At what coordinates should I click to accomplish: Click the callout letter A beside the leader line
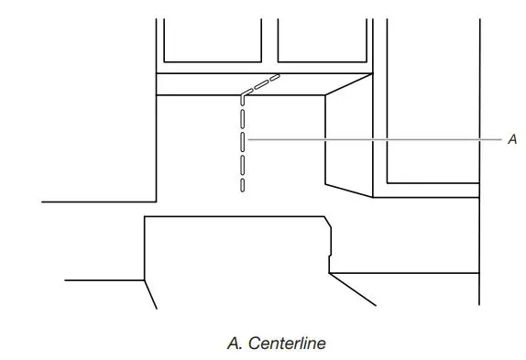coord(512,139)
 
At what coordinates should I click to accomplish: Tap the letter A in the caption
coord(231,344)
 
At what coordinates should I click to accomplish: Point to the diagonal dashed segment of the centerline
coord(261,84)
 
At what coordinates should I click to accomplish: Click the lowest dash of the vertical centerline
coord(243,183)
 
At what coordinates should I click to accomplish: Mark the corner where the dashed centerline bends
coord(243,93)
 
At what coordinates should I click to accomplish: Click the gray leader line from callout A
coord(376,139)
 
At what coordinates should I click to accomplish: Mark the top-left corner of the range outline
coord(147,218)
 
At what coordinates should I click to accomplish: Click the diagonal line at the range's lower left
coord(151,293)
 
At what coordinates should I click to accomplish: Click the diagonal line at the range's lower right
coord(353,289)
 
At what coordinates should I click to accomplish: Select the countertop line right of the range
coord(403,273)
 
